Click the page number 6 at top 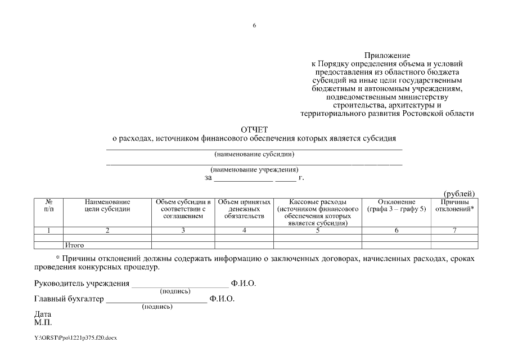(254, 25)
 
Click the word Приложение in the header (386, 56)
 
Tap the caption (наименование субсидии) (254, 154)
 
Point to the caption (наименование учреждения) (254, 169)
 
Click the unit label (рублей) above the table (460, 193)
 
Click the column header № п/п (48, 205)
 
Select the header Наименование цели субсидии (107, 205)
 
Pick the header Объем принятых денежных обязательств (244, 209)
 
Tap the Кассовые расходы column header (317, 212)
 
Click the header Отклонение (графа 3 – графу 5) (396, 205)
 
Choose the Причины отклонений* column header (454, 205)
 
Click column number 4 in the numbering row (244, 230)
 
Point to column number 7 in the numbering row (454, 230)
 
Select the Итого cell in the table (75, 245)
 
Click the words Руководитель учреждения (82, 283)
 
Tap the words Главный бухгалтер (69, 299)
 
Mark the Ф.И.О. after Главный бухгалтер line (222, 299)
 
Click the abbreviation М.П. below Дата (43, 322)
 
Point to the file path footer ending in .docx (75, 337)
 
